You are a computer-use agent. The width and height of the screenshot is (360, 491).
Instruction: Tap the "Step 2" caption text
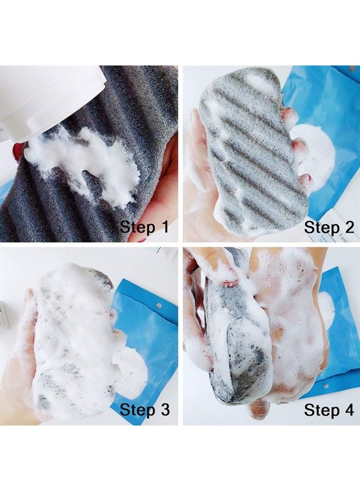click(329, 226)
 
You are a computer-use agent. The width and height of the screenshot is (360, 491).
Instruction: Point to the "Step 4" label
click(329, 409)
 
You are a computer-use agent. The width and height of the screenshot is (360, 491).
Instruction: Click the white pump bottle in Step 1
click(44, 98)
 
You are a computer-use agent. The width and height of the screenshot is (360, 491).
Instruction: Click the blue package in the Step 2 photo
click(327, 109)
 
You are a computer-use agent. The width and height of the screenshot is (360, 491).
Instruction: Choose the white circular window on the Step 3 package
click(123, 376)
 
